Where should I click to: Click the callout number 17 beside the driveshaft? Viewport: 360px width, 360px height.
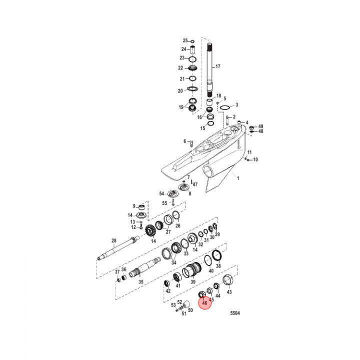(x=217, y=66)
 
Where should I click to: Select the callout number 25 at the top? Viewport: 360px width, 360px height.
(x=185, y=40)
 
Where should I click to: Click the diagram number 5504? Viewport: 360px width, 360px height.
(x=234, y=313)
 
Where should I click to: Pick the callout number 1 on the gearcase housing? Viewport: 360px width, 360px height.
(x=238, y=178)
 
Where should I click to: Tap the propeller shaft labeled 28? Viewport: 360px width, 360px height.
(x=120, y=252)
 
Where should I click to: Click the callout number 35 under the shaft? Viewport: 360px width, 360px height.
(x=140, y=282)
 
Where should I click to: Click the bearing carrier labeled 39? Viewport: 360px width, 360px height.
(x=192, y=272)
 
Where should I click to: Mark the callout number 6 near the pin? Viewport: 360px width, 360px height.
(x=184, y=141)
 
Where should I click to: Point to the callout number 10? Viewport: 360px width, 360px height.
(x=255, y=160)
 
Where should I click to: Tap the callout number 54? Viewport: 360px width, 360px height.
(x=161, y=193)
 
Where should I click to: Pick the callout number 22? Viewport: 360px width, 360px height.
(x=181, y=68)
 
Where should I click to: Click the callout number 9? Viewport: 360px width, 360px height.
(x=134, y=206)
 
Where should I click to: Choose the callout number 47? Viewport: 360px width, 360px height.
(x=195, y=184)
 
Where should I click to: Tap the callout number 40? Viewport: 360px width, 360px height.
(x=211, y=270)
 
